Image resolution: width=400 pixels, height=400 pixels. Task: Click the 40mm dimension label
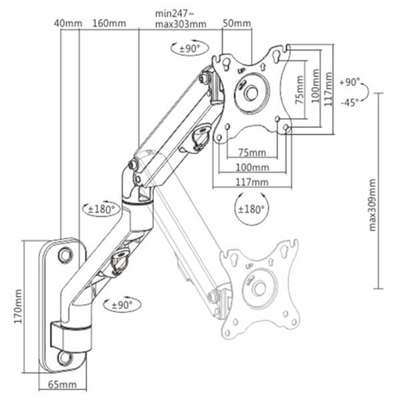point(68,23)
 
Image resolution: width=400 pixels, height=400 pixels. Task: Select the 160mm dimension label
point(109,23)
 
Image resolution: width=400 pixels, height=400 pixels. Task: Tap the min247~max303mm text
point(180,18)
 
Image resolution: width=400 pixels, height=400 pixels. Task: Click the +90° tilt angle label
point(349,83)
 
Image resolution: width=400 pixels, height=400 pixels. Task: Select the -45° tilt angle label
point(349,101)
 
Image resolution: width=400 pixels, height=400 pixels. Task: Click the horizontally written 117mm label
point(251,182)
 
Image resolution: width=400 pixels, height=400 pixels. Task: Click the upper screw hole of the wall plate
point(65,254)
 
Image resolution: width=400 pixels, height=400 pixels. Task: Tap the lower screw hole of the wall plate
point(65,357)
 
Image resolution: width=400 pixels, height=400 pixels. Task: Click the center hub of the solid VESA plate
point(252,92)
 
